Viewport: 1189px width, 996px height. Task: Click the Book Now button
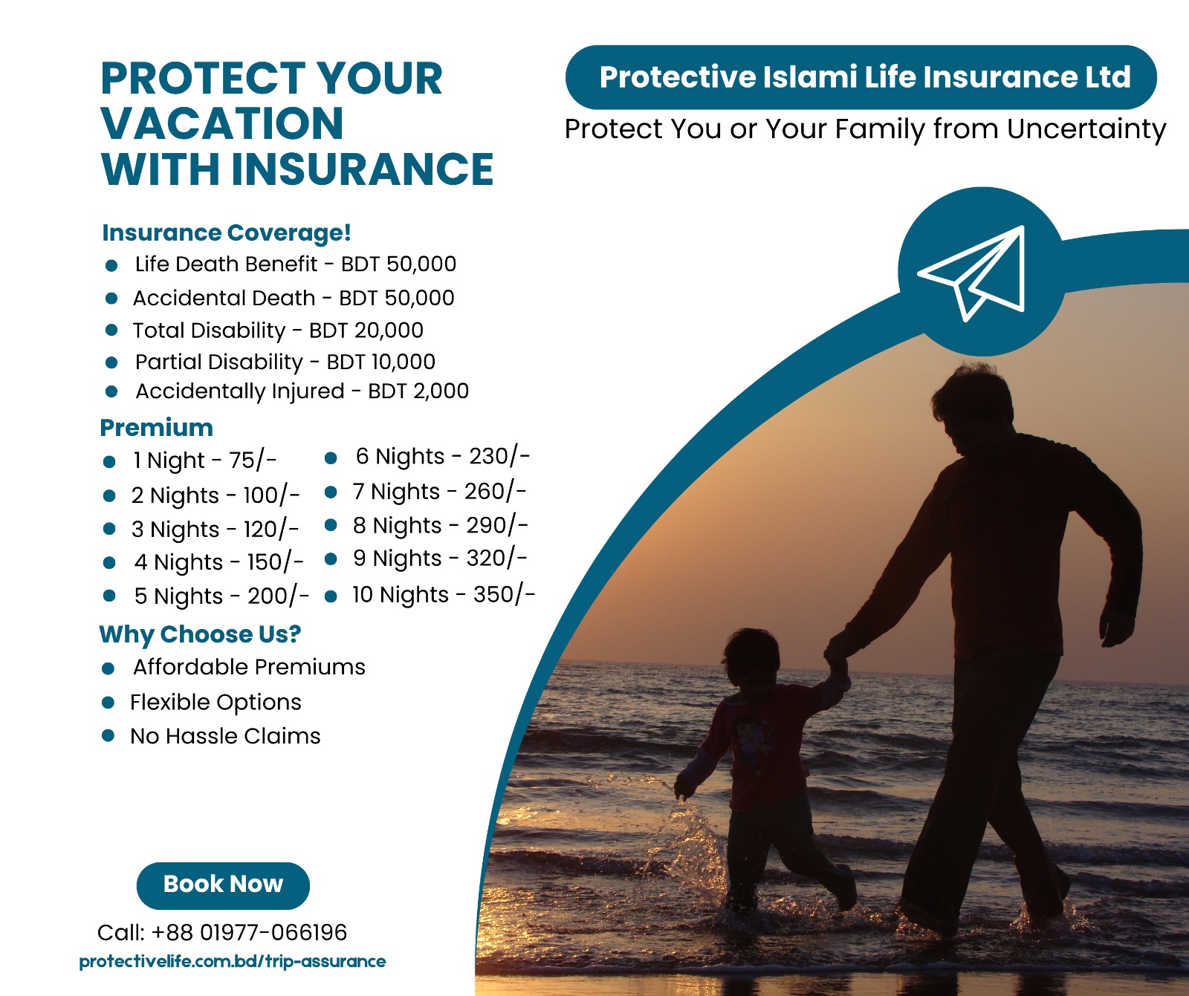[x=223, y=885]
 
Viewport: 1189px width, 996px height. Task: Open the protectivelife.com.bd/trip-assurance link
[x=233, y=962]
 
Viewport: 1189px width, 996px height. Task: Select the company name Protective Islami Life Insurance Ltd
[x=865, y=77]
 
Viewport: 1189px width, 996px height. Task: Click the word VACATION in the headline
[x=222, y=123]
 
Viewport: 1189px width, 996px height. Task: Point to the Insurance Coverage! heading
[x=227, y=232]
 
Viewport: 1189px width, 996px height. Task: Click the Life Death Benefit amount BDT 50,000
[x=398, y=264]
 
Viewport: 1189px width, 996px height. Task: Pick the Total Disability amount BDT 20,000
[x=366, y=331]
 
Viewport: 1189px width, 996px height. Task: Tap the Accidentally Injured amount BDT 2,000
[x=418, y=391]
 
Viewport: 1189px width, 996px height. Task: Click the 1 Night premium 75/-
[x=253, y=460]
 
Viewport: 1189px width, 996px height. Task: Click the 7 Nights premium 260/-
[x=496, y=492]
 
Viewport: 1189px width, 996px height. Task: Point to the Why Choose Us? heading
[x=200, y=634]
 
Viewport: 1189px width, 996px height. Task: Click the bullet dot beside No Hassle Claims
[x=108, y=736]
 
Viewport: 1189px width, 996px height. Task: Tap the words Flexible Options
[x=216, y=703]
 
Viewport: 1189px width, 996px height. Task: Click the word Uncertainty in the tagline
[x=1086, y=129]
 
